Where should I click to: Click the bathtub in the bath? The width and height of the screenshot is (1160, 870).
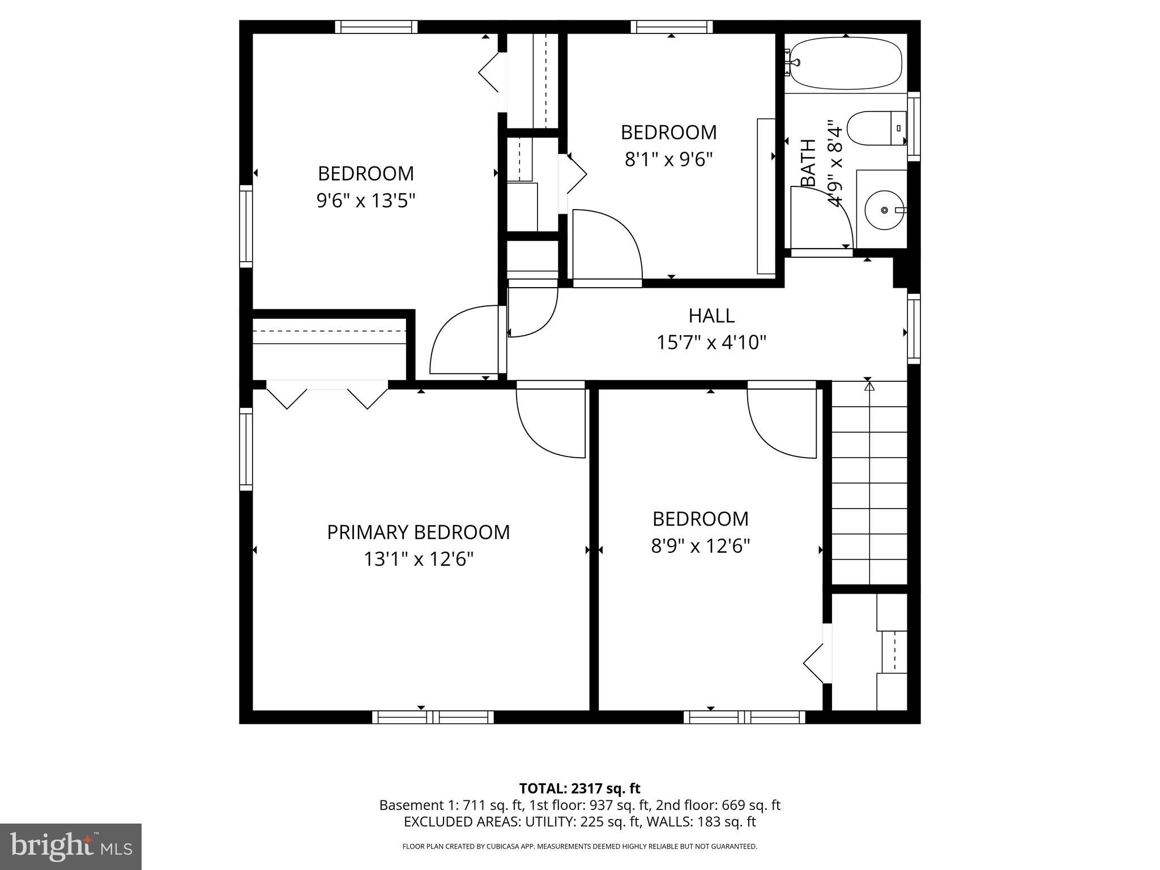point(845,63)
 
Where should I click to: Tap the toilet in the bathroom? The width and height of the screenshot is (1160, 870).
point(875,129)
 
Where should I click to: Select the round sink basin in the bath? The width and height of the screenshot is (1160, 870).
point(884,210)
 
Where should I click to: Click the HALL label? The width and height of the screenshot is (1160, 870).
point(711,315)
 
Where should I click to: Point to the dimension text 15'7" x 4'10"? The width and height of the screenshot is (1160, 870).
point(711,343)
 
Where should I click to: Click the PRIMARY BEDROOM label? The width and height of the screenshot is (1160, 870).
point(418,532)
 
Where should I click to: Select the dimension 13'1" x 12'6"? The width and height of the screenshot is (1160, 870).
point(418,560)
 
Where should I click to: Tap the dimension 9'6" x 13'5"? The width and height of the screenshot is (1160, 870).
point(366,201)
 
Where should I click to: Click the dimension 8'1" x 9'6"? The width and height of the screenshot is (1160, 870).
point(668,160)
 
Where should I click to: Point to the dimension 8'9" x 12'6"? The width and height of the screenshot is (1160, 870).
point(701,546)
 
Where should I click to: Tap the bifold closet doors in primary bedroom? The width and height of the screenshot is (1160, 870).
point(327,394)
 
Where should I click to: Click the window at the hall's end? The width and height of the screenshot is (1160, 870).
point(914,329)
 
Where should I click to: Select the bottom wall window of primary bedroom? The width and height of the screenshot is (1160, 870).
point(433,717)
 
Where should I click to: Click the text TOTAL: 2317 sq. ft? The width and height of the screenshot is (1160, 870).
point(579,788)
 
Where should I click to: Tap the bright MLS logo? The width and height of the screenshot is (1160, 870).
point(71,846)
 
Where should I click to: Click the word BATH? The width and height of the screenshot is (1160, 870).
point(808,163)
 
